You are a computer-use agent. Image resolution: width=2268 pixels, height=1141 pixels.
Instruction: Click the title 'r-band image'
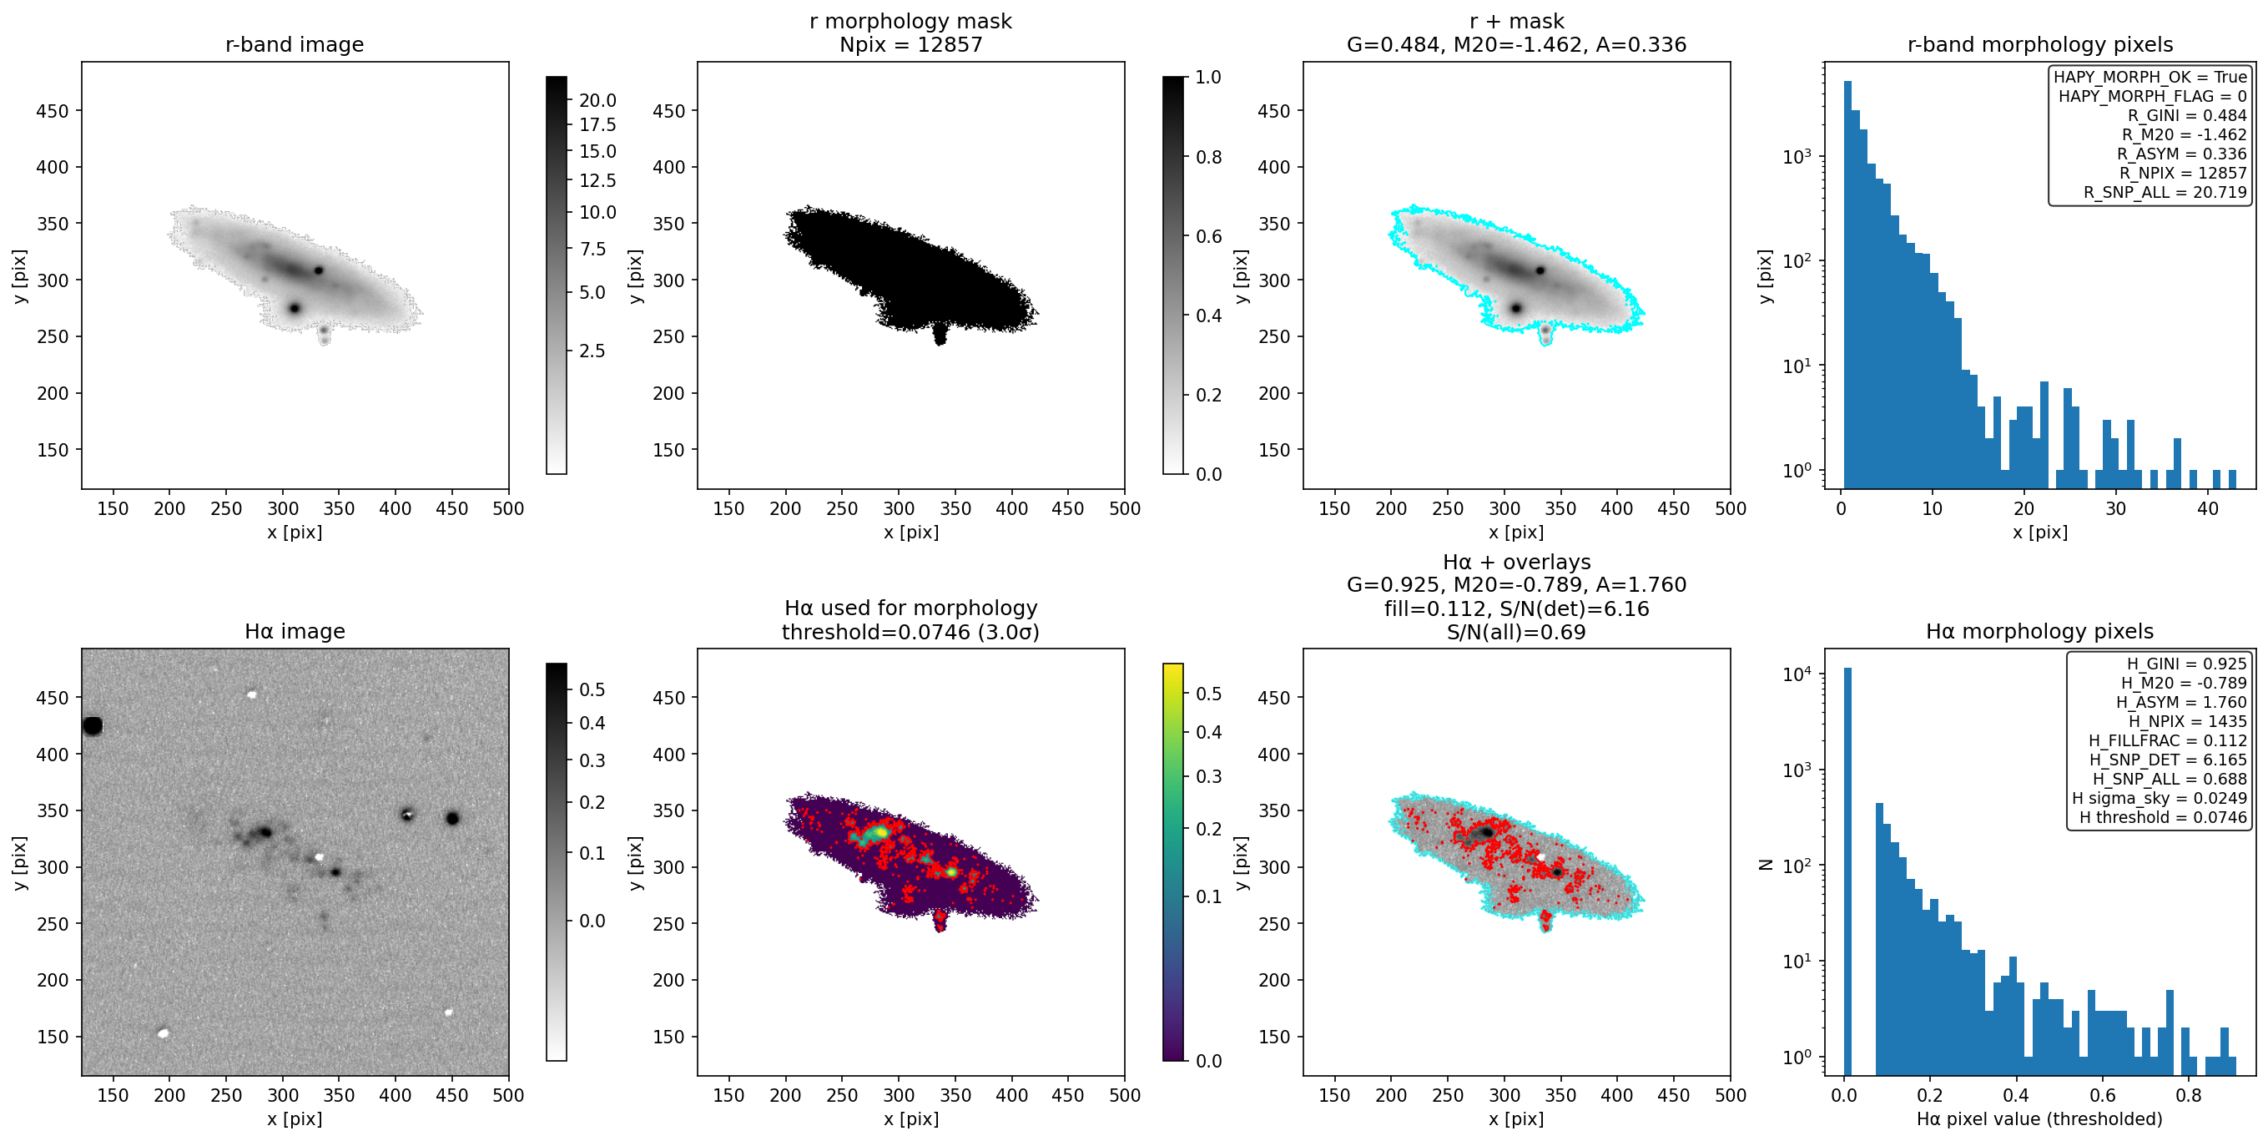point(294,45)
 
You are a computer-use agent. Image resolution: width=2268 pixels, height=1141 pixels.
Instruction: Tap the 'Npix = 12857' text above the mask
point(910,45)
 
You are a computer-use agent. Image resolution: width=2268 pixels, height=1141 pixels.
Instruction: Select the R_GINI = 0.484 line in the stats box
point(2187,115)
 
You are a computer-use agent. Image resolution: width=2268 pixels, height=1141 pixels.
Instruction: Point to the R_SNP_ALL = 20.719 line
point(2165,192)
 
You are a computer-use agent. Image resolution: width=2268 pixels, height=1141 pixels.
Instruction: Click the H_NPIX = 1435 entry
point(2187,721)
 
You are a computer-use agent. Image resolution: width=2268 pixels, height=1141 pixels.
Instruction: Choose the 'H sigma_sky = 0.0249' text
point(2159,798)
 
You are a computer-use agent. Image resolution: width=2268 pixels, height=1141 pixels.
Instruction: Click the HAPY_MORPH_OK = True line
point(2150,77)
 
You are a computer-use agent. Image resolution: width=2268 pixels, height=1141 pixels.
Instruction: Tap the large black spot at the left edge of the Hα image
point(93,725)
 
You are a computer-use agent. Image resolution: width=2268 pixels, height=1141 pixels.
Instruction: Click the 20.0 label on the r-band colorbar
point(597,100)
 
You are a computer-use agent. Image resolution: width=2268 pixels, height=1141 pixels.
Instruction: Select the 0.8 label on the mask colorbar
point(1208,157)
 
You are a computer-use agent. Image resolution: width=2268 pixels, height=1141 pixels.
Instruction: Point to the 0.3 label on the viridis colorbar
point(1208,776)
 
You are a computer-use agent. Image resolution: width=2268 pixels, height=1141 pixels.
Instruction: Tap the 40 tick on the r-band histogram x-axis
point(2207,508)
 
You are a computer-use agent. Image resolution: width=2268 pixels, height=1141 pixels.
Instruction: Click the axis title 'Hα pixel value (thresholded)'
point(2039,1118)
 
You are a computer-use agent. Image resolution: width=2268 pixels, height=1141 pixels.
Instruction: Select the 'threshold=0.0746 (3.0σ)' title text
point(910,632)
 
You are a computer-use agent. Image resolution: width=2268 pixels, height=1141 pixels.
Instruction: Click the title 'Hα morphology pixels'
point(2039,631)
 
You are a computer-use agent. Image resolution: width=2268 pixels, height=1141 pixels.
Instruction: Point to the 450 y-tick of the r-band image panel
point(52,111)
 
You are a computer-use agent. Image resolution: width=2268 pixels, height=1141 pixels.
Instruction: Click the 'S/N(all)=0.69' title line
point(1516,632)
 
